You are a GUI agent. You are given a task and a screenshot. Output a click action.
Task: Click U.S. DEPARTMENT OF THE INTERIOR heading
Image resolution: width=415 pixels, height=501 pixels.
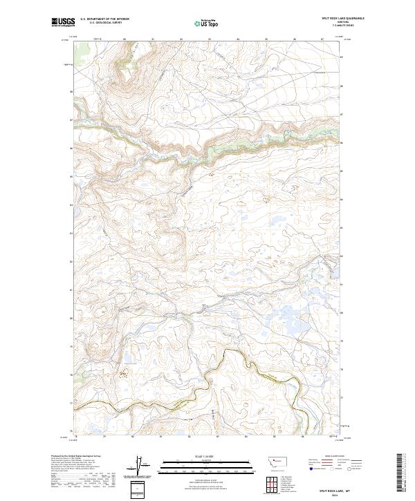(x=104, y=19)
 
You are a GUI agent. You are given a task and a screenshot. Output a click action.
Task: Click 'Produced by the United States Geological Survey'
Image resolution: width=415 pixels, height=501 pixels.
(x=75, y=457)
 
